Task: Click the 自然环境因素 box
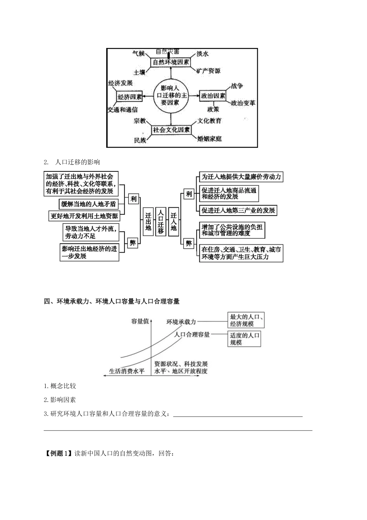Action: coord(171,62)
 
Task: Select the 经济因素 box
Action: coord(130,97)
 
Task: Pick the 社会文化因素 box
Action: coord(172,130)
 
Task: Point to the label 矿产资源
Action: coord(208,71)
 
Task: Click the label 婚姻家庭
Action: coord(210,139)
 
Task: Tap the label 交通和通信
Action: coord(123,110)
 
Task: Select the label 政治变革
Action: coord(243,103)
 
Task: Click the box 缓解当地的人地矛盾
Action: coord(88,204)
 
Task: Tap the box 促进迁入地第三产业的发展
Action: coord(238,210)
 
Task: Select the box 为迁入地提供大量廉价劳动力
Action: coord(241,177)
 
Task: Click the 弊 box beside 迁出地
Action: coord(133,243)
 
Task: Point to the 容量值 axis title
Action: coord(140,321)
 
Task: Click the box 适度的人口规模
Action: coord(245,339)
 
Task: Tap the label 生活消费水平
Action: coord(127,371)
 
